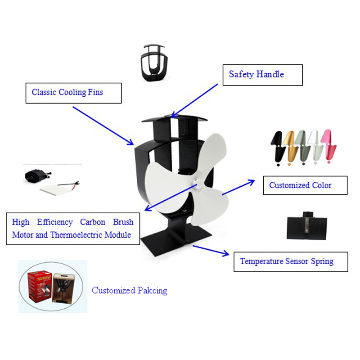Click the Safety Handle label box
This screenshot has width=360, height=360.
263,75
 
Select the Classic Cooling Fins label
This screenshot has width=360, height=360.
73,93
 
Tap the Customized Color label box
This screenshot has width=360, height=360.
305,185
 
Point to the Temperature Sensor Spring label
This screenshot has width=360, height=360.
291,261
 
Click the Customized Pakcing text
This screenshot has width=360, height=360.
130,290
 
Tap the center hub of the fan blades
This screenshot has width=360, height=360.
198,182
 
